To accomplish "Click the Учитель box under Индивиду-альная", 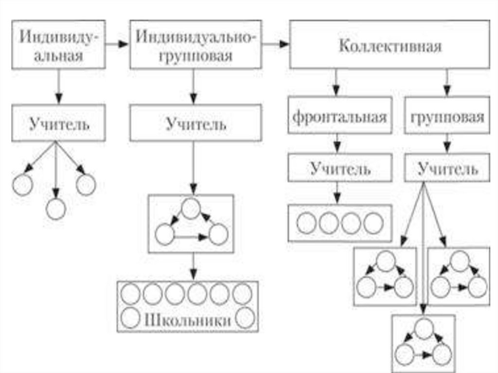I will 58,124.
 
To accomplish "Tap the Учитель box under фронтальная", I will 339,169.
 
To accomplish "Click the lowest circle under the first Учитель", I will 55,209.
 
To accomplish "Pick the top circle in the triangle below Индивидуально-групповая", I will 191,208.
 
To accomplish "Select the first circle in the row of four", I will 306,223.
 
